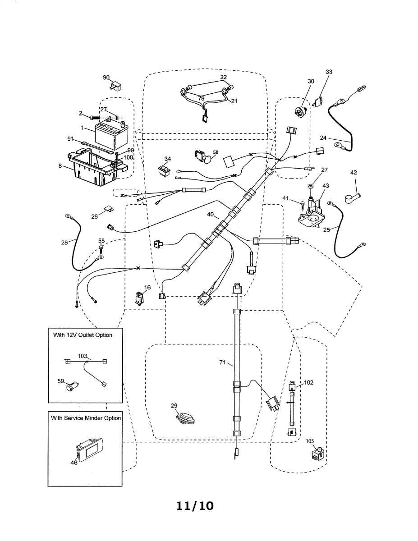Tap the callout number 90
tap(106, 78)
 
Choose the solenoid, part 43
tap(312, 210)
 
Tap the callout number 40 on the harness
tap(210, 215)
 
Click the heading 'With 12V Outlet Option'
tap(83, 335)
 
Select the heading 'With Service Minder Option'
tap(86, 418)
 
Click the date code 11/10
tap(195, 506)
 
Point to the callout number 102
tap(308, 382)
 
